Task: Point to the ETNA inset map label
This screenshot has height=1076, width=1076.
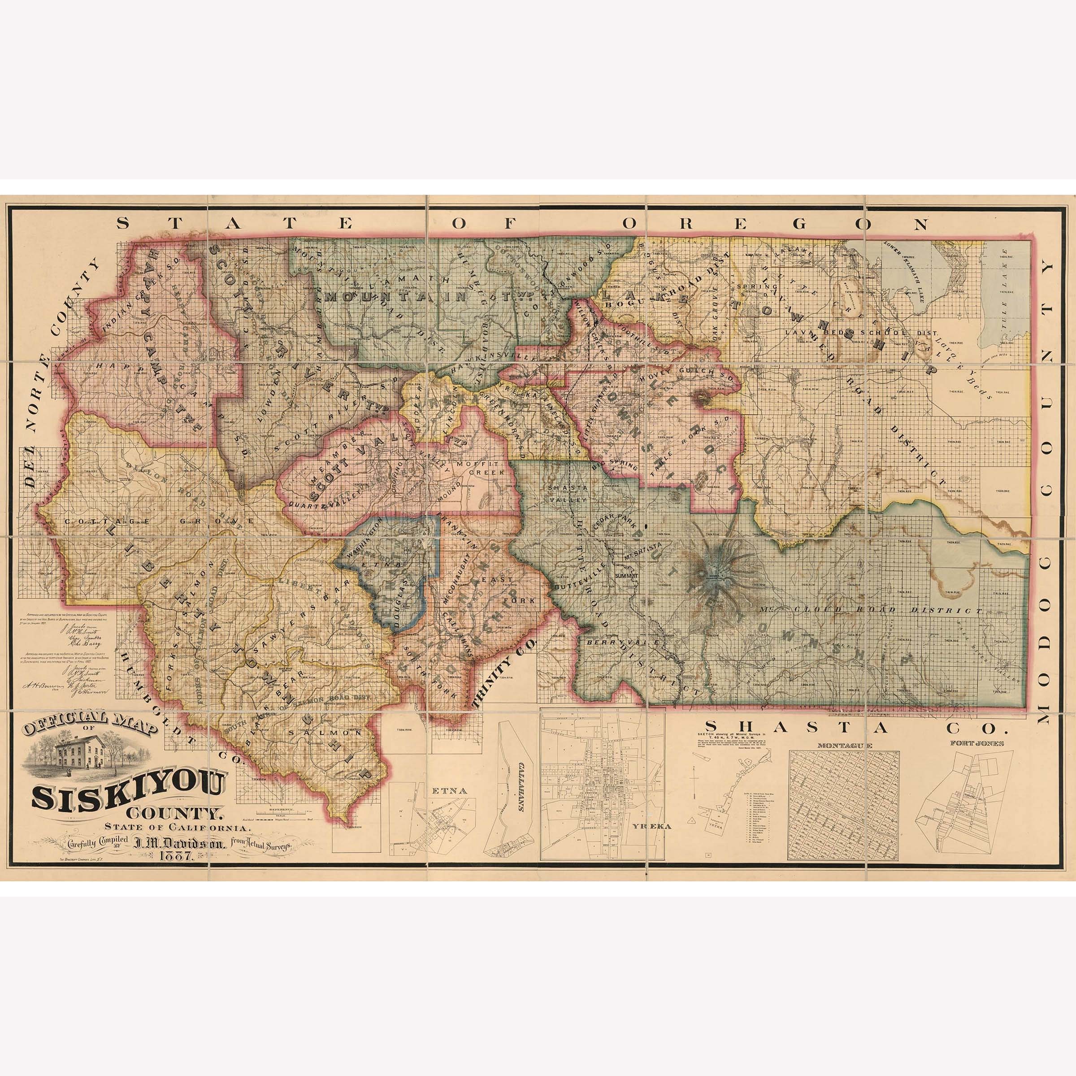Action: pyautogui.click(x=440, y=789)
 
